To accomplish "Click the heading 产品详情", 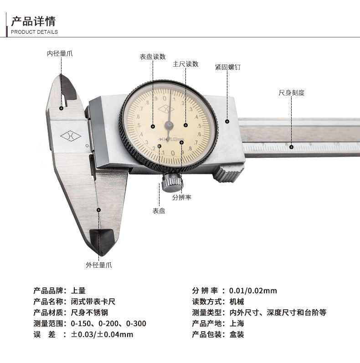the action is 33,21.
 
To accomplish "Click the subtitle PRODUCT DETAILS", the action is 34,32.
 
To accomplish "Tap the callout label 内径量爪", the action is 60,54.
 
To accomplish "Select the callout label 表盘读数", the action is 153,57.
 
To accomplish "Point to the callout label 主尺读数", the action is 185,64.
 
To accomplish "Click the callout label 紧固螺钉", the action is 228,67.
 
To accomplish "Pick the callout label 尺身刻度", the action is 292,93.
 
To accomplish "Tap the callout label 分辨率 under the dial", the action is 182,197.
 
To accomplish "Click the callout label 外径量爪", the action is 99,265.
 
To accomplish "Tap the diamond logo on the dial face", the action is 166,109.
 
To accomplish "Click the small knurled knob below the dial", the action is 172,183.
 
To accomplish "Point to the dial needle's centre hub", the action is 169,125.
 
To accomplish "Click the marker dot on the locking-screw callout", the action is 227,122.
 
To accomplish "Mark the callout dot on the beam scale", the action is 292,147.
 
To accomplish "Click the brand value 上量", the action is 78,291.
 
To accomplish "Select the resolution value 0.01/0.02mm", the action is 253,291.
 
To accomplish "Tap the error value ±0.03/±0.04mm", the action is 102,335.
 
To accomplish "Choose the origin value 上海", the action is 237,323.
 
